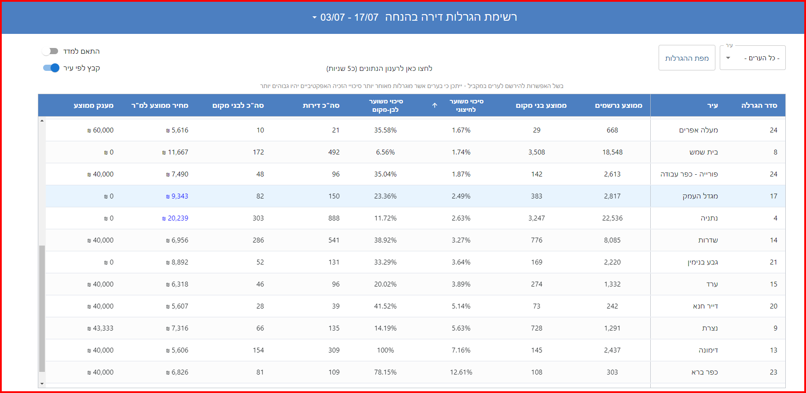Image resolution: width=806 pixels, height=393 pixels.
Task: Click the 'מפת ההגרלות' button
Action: click(x=686, y=58)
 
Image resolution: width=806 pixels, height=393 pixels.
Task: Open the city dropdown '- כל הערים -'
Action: click(x=752, y=58)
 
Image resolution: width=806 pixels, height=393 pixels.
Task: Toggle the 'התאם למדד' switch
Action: click(x=50, y=51)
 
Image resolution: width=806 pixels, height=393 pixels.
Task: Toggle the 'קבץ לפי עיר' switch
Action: click(x=51, y=68)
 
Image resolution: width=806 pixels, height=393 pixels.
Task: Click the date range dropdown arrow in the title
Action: click(x=314, y=18)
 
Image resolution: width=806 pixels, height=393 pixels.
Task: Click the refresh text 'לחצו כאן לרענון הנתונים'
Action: click(x=379, y=69)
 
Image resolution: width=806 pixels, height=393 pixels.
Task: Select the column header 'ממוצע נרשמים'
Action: click(x=618, y=106)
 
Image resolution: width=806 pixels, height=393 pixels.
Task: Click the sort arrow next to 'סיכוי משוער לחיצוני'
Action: click(x=435, y=106)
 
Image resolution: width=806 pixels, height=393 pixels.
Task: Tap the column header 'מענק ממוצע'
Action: click(x=93, y=106)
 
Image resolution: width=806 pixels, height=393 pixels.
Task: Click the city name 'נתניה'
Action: click(x=709, y=218)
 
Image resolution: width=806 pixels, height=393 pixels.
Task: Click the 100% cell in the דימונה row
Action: click(x=385, y=350)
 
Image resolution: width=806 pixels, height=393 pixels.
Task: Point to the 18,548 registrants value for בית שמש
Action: click(x=612, y=152)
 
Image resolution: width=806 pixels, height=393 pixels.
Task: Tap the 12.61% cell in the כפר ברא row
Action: click(x=461, y=372)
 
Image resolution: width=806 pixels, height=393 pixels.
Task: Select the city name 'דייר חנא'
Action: click(x=705, y=306)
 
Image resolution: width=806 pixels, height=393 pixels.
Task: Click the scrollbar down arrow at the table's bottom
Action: click(x=42, y=384)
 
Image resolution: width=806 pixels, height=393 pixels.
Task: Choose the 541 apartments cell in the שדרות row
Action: click(x=334, y=240)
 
